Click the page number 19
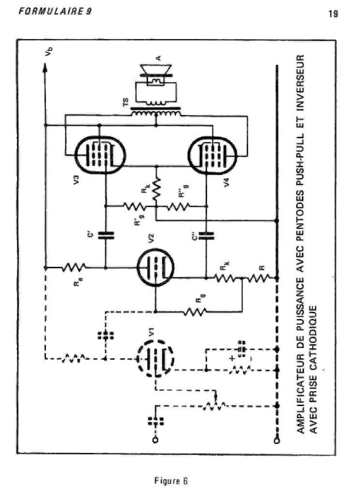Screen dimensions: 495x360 click(332, 14)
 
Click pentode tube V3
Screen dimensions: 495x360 click(102, 154)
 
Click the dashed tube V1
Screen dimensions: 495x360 click(155, 358)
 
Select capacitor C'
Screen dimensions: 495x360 click(105, 235)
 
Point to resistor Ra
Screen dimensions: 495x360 click(73, 267)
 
